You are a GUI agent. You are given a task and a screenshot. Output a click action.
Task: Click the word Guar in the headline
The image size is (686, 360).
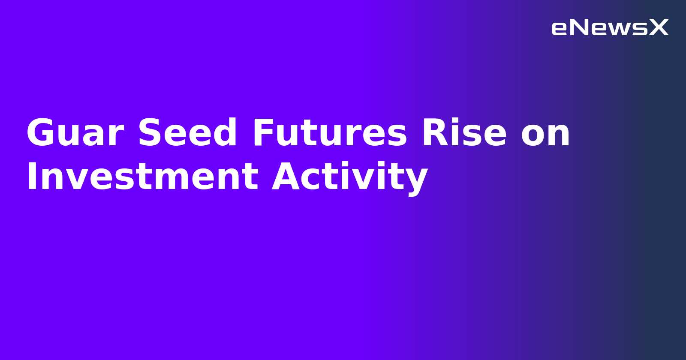[x=75, y=133]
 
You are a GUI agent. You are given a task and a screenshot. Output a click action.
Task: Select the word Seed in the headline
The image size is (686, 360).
[x=187, y=133]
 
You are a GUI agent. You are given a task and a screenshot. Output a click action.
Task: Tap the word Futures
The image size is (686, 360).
[x=329, y=133]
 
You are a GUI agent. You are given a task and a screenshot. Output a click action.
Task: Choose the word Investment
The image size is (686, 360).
[x=142, y=177]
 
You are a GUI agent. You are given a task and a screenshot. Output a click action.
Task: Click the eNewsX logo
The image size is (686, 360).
[x=610, y=28]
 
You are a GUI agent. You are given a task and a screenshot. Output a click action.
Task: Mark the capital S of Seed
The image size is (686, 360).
[x=149, y=133]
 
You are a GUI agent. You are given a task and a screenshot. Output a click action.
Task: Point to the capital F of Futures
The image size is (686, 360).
[x=262, y=133]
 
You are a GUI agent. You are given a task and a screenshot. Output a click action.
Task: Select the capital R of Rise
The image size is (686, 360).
[x=434, y=133]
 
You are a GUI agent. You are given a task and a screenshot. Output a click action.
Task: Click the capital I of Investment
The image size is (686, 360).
[x=31, y=177]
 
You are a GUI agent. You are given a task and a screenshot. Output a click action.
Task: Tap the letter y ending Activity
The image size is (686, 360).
[x=416, y=180]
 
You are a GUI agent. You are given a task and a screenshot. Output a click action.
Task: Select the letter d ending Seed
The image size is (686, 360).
[x=225, y=133]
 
